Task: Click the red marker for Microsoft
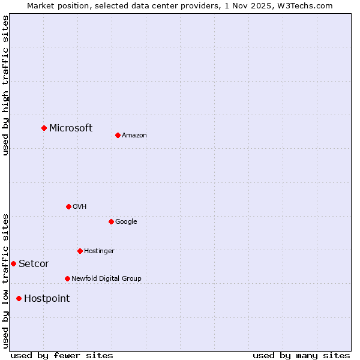(44, 128)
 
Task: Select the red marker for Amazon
(118, 135)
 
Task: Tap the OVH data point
(68, 206)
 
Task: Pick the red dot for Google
(111, 221)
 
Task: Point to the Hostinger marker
(80, 251)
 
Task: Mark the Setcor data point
(13, 263)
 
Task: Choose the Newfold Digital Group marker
(67, 278)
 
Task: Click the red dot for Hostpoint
(19, 298)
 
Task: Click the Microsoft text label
(71, 128)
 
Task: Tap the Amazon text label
(134, 136)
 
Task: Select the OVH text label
(80, 207)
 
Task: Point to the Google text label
(126, 222)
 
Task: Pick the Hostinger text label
(99, 251)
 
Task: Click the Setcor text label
(34, 264)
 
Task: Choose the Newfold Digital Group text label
(106, 279)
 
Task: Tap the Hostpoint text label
(47, 299)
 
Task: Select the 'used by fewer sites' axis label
(62, 355)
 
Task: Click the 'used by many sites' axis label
(301, 355)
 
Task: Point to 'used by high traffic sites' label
(5, 85)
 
